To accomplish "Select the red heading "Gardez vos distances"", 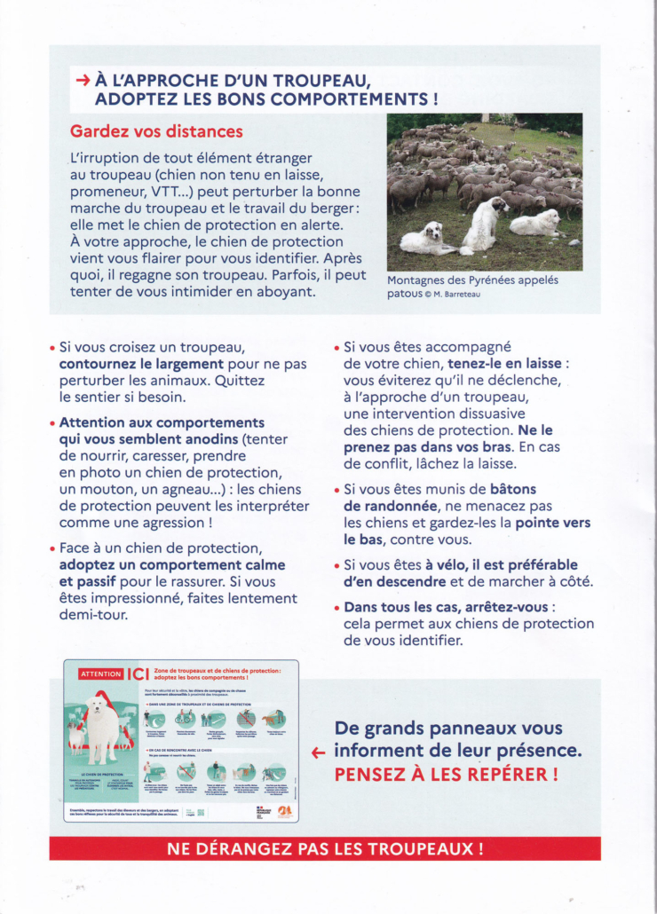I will (155, 131).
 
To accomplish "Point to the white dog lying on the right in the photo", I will (535, 223).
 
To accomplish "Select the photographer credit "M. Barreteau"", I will (458, 295).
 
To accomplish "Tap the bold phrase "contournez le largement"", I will (141, 364).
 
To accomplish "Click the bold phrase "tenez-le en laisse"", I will (505, 364).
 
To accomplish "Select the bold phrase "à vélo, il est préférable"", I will (501, 565).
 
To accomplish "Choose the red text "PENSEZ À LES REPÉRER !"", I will (446, 774).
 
